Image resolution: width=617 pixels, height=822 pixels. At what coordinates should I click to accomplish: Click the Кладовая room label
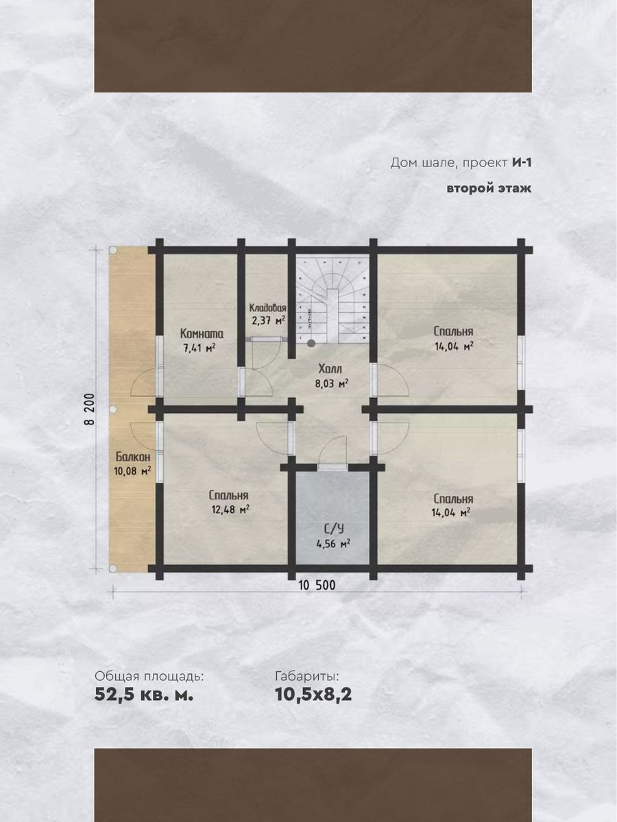coord(268,308)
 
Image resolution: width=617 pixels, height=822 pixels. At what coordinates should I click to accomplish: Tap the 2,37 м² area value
coord(269,321)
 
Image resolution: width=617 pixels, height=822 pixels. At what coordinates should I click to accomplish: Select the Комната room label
coord(202,334)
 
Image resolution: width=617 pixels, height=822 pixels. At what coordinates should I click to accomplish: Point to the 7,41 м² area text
coord(199,348)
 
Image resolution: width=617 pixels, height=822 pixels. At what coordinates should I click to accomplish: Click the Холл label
coord(330,369)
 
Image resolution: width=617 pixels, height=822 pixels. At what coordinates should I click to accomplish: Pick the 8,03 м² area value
coord(332,384)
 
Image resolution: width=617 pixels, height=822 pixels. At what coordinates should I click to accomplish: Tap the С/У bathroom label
coord(333,529)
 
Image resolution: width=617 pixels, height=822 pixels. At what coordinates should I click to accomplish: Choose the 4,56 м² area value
coord(333,543)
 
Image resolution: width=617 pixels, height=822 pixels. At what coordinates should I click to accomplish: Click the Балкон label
coord(133,456)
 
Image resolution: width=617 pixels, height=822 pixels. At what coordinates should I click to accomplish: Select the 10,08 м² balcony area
coord(132,471)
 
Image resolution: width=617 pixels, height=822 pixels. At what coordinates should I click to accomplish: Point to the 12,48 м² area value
coord(231,510)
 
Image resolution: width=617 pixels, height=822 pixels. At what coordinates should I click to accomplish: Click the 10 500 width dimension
coord(317,585)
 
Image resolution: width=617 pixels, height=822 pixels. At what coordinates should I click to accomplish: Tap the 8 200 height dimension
coord(90,410)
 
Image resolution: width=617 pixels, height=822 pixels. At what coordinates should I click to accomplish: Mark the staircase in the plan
coord(332,299)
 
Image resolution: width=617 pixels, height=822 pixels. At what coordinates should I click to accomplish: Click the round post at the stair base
coord(311,342)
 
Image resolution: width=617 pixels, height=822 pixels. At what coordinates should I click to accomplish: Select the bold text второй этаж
coord(489,188)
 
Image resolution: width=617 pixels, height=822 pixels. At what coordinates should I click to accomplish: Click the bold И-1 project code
coord(522,163)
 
